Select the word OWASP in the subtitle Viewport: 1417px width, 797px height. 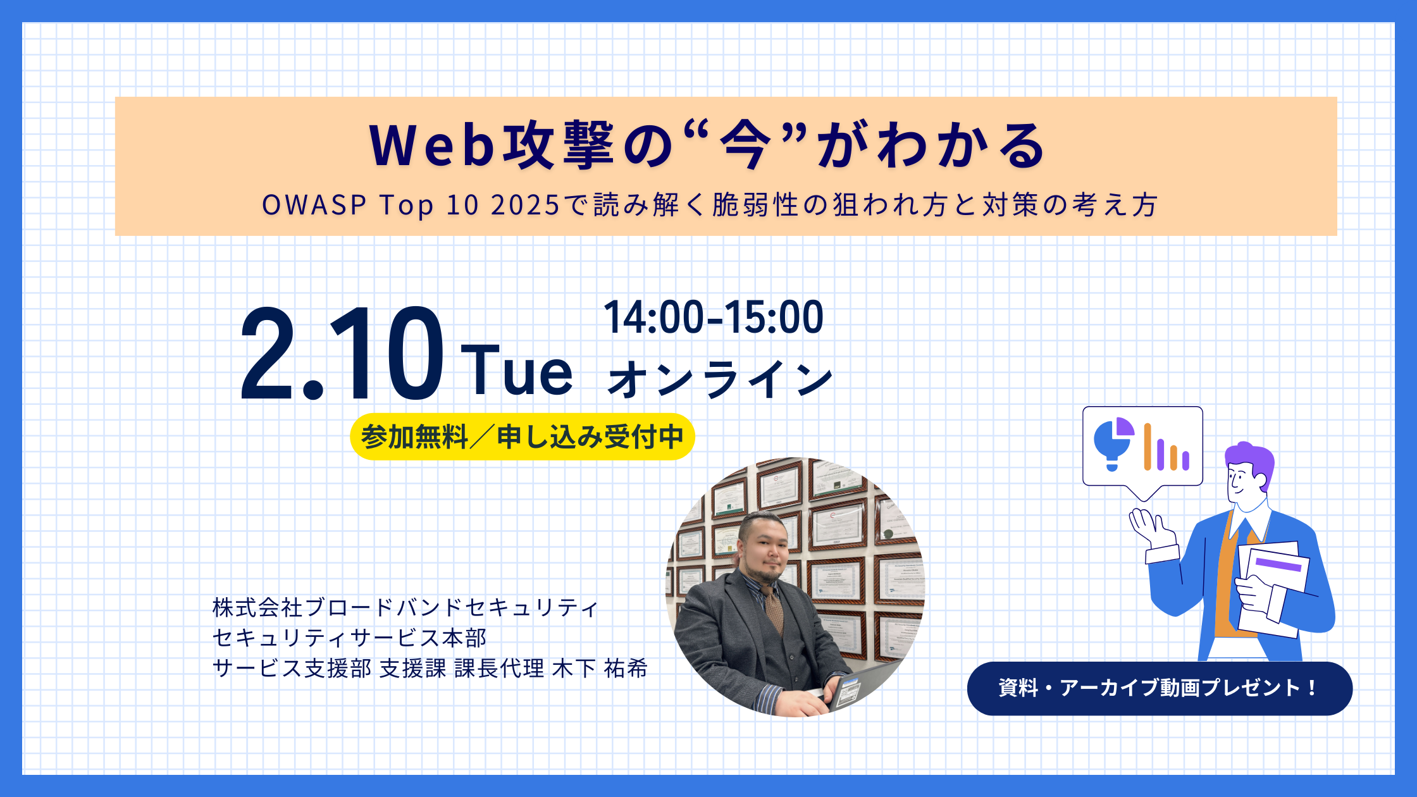(314, 205)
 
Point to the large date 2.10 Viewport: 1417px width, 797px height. (342, 354)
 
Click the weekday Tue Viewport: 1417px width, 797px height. (517, 371)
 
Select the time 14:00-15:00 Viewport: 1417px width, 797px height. (714, 317)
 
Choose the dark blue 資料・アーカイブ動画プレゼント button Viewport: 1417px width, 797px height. (1159, 688)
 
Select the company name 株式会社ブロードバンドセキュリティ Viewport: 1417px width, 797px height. (405, 608)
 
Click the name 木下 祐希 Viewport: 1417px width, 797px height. (600, 669)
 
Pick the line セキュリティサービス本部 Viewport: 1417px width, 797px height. (350, 638)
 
